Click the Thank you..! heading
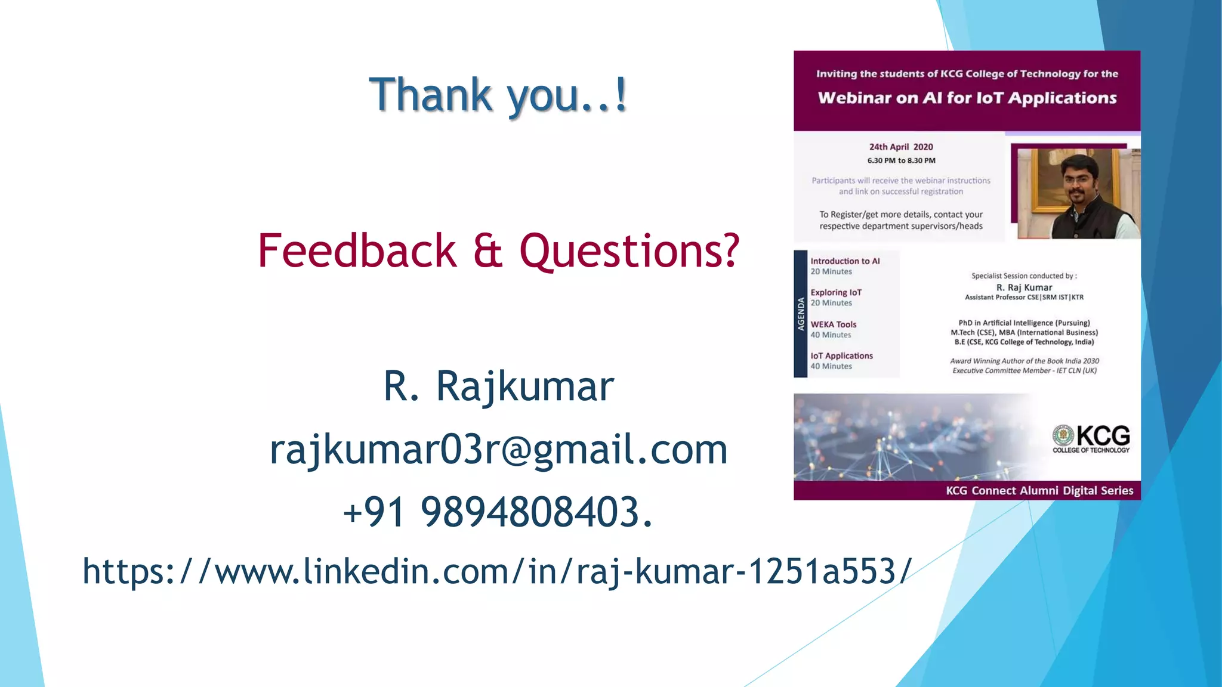pyautogui.click(x=498, y=95)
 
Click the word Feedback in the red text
pyautogui.click(x=357, y=251)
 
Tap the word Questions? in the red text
pyautogui.click(x=629, y=251)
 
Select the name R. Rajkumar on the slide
pyautogui.click(x=498, y=386)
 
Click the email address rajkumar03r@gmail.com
pyautogui.click(x=498, y=450)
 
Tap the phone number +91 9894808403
pyautogui.click(x=498, y=512)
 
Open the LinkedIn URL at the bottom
pyautogui.click(x=497, y=571)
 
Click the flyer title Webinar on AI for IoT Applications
pyautogui.click(x=967, y=98)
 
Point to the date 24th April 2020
pyautogui.click(x=900, y=147)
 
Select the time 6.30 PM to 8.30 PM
pyautogui.click(x=901, y=160)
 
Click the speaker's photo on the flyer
pyautogui.click(x=1078, y=193)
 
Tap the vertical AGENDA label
pyautogui.click(x=801, y=314)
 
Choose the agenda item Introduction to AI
pyautogui.click(x=845, y=261)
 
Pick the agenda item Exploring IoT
pyautogui.click(x=836, y=293)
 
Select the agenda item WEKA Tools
pyautogui.click(x=833, y=324)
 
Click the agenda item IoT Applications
pyautogui.click(x=841, y=356)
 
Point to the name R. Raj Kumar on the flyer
pyautogui.click(x=1024, y=287)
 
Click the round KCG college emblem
pyautogui.click(x=1063, y=435)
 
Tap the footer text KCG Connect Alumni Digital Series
pyautogui.click(x=1039, y=491)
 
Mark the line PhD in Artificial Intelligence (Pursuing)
pyautogui.click(x=1024, y=323)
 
